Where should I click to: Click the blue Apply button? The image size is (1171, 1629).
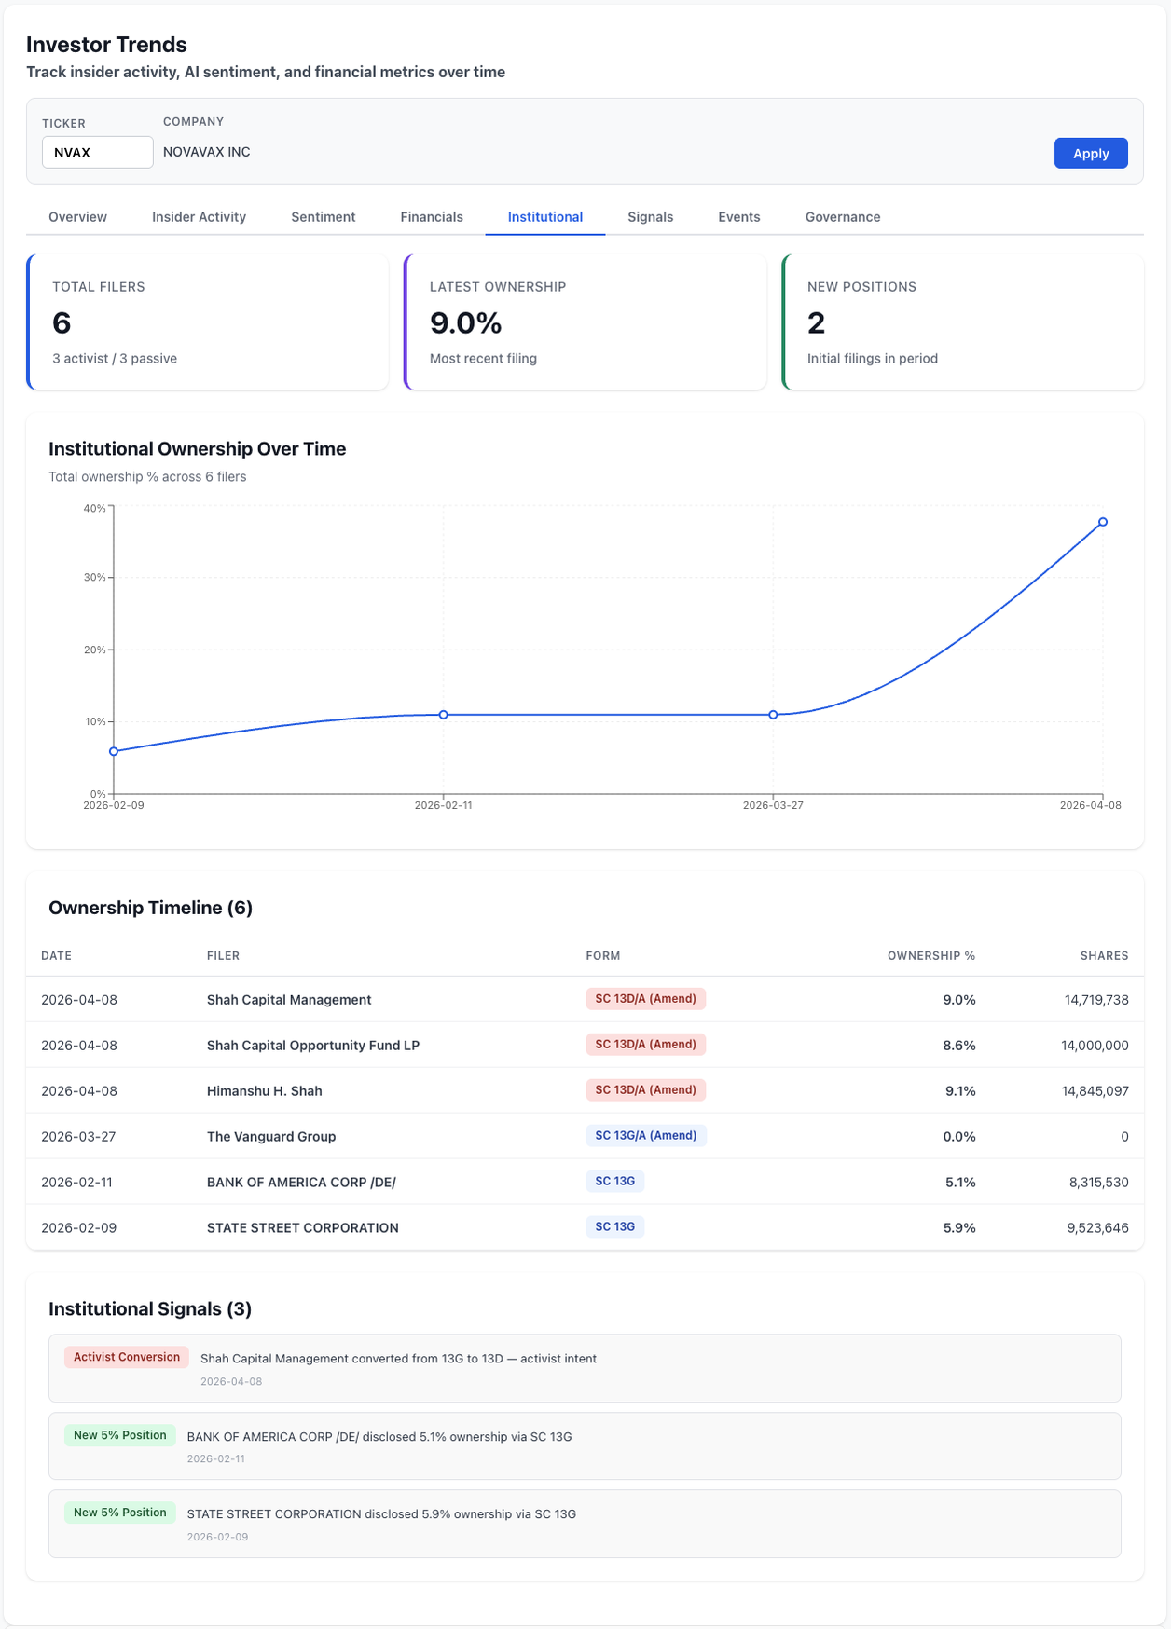[1090, 154]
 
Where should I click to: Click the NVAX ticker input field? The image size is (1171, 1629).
[97, 153]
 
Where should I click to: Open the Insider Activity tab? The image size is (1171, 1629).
[199, 217]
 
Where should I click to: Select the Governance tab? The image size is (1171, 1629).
[842, 217]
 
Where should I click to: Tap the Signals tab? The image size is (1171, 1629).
[650, 217]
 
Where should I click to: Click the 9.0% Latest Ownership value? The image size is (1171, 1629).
[465, 323]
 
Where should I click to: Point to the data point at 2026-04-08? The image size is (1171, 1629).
[1102, 522]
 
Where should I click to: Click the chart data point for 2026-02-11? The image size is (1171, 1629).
[443, 715]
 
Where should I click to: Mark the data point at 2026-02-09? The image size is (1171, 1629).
[114, 751]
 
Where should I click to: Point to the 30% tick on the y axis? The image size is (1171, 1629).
[95, 578]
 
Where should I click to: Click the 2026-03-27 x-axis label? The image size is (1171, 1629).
[772, 805]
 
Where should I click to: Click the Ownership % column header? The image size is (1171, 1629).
[930, 956]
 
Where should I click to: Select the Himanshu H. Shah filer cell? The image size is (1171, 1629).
[264, 1091]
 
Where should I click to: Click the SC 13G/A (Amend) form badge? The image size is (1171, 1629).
[645, 1136]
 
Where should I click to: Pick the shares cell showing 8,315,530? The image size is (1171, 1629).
[1098, 1183]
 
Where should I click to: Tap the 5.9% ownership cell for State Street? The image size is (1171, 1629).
[958, 1228]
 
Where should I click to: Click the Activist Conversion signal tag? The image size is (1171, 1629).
[127, 1357]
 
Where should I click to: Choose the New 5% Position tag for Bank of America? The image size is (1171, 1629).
[119, 1435]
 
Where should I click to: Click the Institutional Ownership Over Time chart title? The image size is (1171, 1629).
[197, 449]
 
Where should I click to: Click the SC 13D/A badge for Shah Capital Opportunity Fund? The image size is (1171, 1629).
[645, 1045]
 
